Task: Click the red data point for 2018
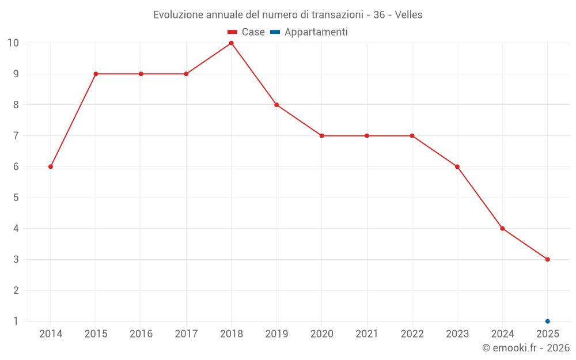click(x=231, y=43)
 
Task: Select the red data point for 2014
click(x=51, y=166)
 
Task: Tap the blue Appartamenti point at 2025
click(x=547, y=321)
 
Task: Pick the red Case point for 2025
click(x=547, y=259)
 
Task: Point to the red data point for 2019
click(x=276, y=105)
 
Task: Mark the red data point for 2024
click(x=502, y=229)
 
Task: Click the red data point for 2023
click(x=457, y=166)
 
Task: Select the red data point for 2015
click(x=96, y=74)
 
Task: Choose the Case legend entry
click(x=247, y=32)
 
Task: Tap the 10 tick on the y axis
click(x=13, y=43)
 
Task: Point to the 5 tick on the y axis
click(x=16, y=198)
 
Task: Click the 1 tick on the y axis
click(x=16, y=321)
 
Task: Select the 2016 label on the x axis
click(x=141, y=334)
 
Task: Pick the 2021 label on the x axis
click(x=367, y=334)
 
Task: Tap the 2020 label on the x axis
click(x=321, y=334)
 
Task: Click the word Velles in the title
click(x=408, y=15)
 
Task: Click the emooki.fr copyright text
click(x=525, y=348)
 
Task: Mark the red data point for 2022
click(x=412, y=136)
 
